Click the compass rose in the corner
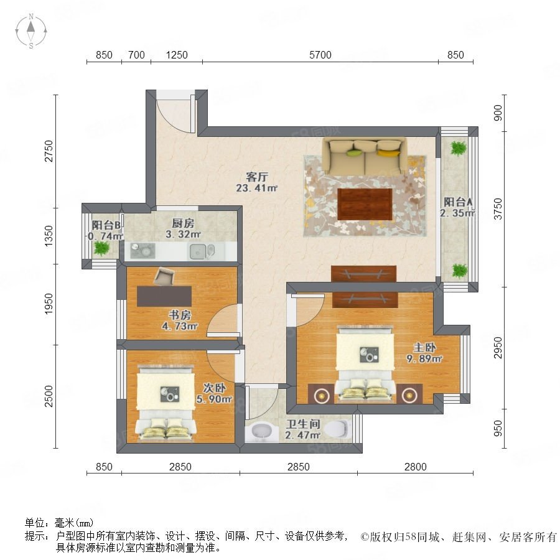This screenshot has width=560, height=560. tap(31, 30)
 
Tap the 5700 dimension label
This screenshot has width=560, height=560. tap(320, 55)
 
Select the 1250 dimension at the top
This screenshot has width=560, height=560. tap(177, 55)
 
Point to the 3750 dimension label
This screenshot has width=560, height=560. tap(498, 209)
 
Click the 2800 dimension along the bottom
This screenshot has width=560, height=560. tap(416, 467)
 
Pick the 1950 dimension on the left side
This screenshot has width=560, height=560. tap(49, 304)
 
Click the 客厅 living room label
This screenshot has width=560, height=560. tap(257, 177)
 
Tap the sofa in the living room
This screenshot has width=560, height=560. tap(364, 156)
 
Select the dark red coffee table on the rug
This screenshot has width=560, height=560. tap(365, 204)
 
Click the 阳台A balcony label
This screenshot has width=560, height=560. tap(458, 202)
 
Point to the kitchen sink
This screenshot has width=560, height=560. tap(197, 251)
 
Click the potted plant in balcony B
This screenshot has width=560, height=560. tap(101, 248)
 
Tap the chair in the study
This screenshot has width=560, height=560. tap(164, 276)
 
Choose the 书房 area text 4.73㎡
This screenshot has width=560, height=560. tap(180, 326)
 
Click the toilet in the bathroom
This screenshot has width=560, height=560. tap(337, 429)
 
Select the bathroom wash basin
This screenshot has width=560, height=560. tap(263, 431)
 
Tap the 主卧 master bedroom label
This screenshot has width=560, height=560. tap(424, 347)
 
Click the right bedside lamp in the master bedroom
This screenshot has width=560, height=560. tap(409, 395)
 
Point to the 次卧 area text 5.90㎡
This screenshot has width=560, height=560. tap(214, 399)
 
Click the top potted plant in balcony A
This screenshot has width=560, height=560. tap(458, 148)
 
